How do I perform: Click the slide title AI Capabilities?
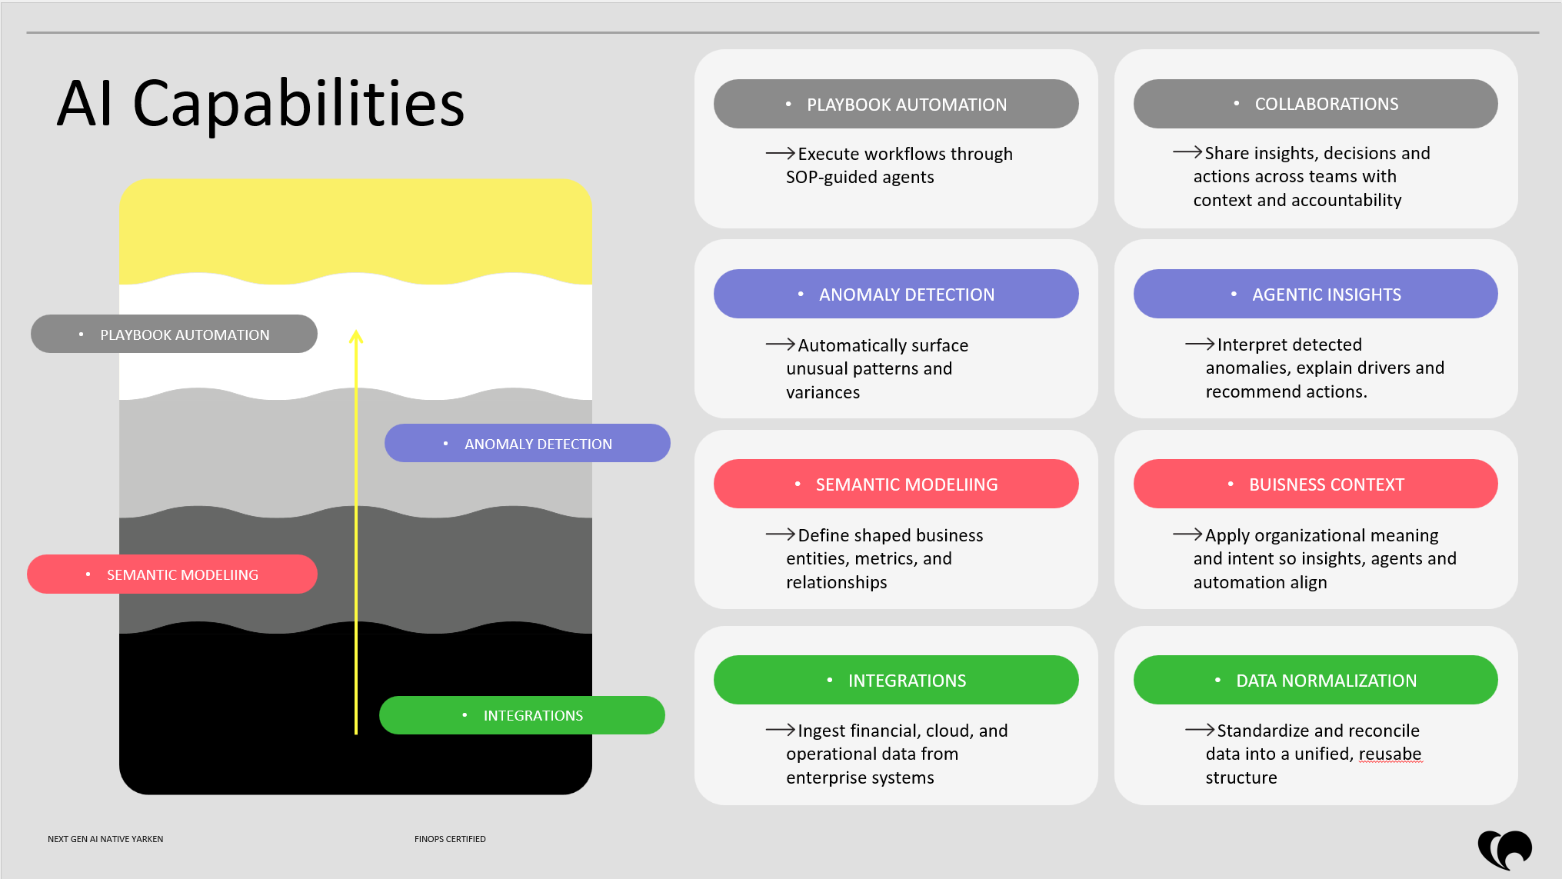[x=261, y=104]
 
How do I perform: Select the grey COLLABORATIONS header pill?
[x=1315, y=104]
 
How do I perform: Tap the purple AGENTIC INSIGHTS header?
[x=1315, y=294]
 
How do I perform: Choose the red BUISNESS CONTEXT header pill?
[x=1315, y=484]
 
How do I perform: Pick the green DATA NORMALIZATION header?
[x=1315, y=680]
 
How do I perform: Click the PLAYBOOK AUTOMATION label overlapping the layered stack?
[x=174, y=334]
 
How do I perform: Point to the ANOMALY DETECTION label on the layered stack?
[x=528, y=443]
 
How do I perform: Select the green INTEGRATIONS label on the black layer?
[x=522, y=715]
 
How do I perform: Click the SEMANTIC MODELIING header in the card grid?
[x=896, y=484]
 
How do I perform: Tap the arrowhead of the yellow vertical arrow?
[x=356, y=335]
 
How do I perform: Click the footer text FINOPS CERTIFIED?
[x=450, y=839]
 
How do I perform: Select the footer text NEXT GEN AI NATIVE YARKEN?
[x=105, y=839]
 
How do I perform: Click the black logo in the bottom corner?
[x=1505, y=850]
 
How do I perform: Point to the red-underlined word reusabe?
[x=1390, y=754]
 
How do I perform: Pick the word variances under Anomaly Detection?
[x=823, y=392]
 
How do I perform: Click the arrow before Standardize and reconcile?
[x=1200, y=729]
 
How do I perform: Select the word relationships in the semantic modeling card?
[x=837, y=582]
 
